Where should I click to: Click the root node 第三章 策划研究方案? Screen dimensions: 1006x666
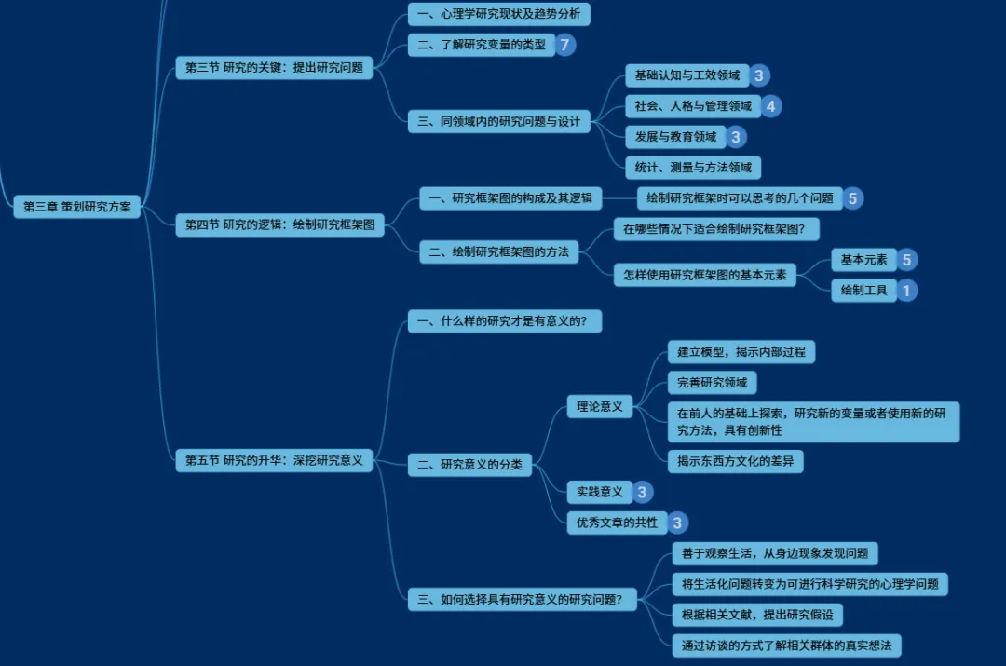[x=77, y=207]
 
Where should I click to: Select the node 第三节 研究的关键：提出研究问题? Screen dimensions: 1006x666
[x=274, y=68]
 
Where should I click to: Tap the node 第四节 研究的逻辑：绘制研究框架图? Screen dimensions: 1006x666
[x=279, y=224]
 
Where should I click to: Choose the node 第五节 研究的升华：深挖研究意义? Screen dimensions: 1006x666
[x=274, y=460]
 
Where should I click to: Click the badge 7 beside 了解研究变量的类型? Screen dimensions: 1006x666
[x=565, y=44]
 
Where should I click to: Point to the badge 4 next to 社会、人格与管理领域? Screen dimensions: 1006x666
[x=770, y=106]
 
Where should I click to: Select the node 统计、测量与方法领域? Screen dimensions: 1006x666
[x=693, y=168]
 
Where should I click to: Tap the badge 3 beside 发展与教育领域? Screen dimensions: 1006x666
[x=736, y=137]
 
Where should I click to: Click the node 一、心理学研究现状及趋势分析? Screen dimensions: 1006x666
[x=498, y=14]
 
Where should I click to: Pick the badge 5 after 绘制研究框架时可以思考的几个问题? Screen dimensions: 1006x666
[x=853, y=198]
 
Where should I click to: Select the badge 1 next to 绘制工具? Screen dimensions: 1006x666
[x=906, y=291]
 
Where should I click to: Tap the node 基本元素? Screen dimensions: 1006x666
[x=863, y=260]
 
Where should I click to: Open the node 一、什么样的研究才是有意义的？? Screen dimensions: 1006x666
[x=504, y=322]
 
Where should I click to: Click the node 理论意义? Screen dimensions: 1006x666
[x=600, y=407]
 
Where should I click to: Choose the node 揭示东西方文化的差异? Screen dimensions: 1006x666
[x=735, y=461]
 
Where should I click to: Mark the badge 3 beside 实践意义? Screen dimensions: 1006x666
[x=643, y=492]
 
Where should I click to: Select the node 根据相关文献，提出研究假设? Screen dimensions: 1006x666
[x=756, y=615]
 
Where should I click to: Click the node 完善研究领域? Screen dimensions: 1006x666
[x=712, y=383]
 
